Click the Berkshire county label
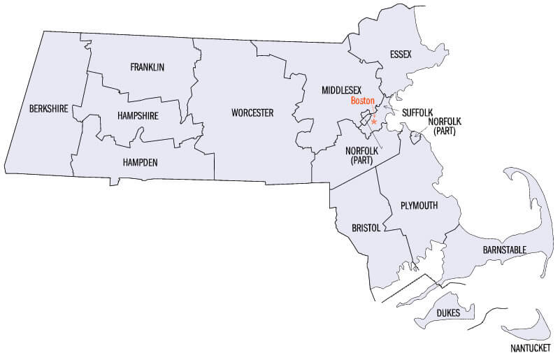pyautogui.click(x=48, y=108)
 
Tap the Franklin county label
pyautogui.click(x=147, y=67)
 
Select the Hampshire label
pyautogui.click(x=138, y=115)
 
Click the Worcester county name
pyautogui.click(x=252, y=113)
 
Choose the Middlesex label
pyautogui.click(x=341, y=91)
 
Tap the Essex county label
pyautogui.click(x=401, y=54)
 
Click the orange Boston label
pyautogui.click(x=363, y=101)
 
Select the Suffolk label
pyautogui.click(x=418, y=112)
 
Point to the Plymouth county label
pyautogui.click(x=419, y=205)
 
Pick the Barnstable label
pyautogui.click(x=504, y=250)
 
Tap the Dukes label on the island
pyautogui.click(x=448, y=312)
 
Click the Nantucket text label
pyautogui.click(x=529, y=347)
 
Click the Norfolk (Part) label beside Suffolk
pyautogui.click(x=445, y=126)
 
